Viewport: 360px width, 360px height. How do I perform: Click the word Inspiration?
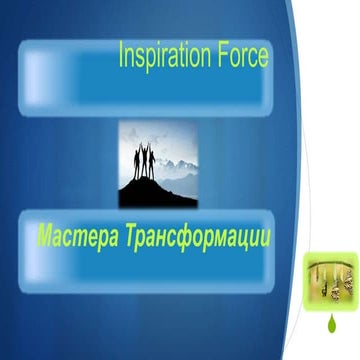(x=166, y=56)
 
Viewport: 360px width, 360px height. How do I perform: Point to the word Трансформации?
(x=200, y=237)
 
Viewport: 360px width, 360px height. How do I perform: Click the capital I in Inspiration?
(x=122, y=56)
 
